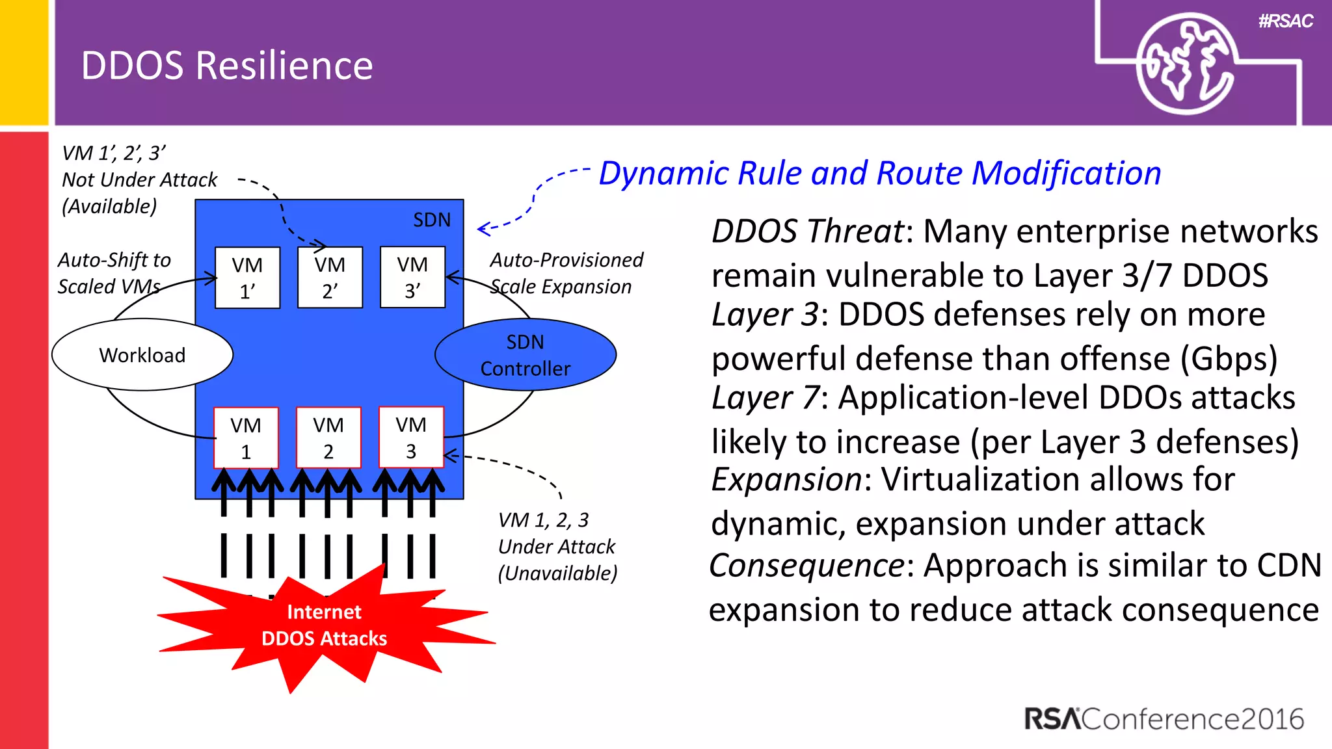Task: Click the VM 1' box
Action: point(247,278)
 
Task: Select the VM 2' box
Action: point(330,278)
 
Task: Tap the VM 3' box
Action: point(412,277)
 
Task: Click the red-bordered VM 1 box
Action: point(246,438)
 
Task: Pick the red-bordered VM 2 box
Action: point(328,438)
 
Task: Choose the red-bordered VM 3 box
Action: point(411,437)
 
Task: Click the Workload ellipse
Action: point(142,355)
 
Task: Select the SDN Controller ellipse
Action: point(526,355)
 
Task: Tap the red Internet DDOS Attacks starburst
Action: point(324,625)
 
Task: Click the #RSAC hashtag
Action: point(1285,21)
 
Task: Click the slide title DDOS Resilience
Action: point(227,66)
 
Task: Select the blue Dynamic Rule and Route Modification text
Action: point(879,174)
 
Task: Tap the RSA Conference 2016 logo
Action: point(1164,719)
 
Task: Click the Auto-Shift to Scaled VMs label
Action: point(114,273)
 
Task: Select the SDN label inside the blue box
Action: point(432,220)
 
